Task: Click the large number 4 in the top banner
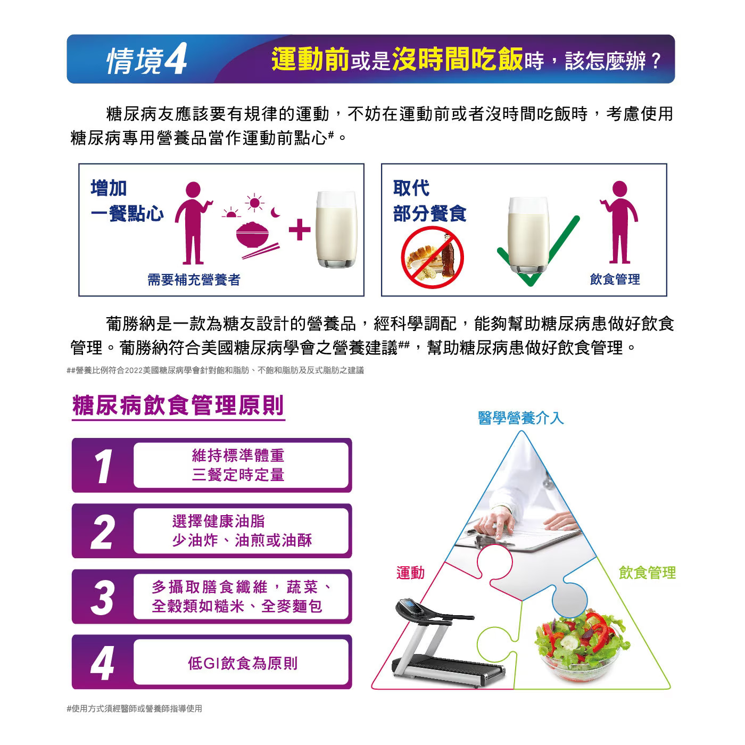176,59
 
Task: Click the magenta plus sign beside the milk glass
299,229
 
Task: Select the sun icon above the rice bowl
254,203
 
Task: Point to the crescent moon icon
275,212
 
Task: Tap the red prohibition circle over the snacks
432,258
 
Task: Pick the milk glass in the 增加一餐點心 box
336,229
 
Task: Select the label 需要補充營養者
194,279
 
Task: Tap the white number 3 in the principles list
103,597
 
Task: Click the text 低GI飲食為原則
243,663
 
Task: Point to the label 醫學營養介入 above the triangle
520,418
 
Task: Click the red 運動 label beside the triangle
410,573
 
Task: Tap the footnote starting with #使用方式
135,708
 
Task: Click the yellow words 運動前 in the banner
310,60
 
